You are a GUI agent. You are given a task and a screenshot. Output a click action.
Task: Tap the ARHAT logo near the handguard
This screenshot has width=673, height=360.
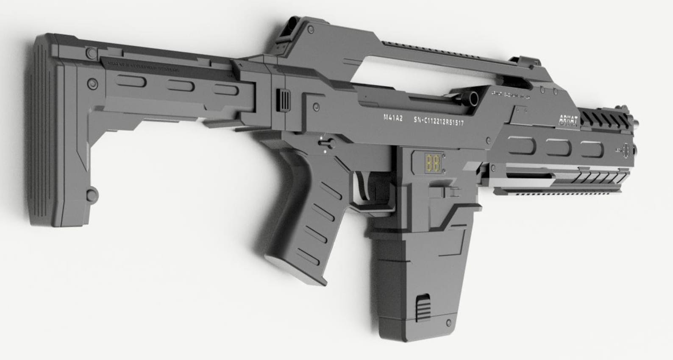click(568, 119)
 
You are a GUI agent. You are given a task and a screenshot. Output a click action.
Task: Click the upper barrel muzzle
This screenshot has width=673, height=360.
click(636, 123)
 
